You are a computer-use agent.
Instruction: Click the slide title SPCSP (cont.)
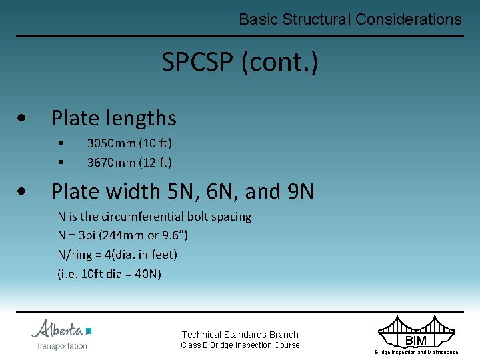click(x=239, y=63)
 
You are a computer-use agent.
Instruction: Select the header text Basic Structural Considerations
click(x=350, y=19)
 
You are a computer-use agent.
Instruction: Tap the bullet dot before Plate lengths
click(x=23, y=119)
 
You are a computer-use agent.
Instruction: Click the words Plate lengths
click(x=113, y=118)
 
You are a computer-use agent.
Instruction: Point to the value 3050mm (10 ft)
click(x=129, y=143)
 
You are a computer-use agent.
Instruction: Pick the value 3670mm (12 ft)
click(x=129, y=162)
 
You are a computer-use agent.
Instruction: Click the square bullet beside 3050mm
click(x=60, y=143)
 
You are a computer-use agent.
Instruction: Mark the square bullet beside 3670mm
click(x=60, y=162)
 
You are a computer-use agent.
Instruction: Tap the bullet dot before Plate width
click(x=23, y=192)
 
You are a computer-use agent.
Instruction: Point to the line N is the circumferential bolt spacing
click(x=154, y=217)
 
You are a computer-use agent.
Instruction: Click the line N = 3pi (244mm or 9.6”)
click(x=123, y=235)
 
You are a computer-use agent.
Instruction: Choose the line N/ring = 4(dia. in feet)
click(x=117, y=254)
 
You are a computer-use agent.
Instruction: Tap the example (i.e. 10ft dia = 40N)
click(x=109, y=273)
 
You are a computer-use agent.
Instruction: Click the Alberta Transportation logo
click(x=61, y=334)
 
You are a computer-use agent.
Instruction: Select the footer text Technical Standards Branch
click(x=240, y=335)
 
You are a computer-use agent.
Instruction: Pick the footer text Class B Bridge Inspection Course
click(x=240, y=345)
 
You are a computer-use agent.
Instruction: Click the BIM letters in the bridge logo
click(x=415, y=341)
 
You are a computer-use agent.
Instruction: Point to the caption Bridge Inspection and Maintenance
click(x=416, y=352)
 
